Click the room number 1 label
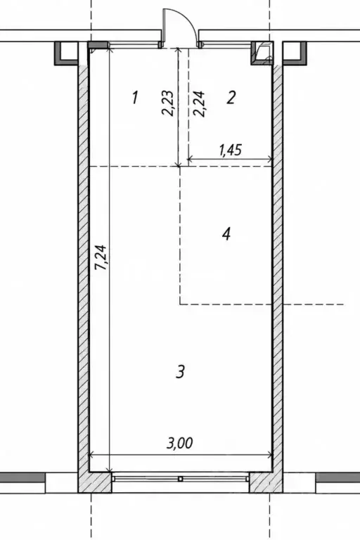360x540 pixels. tap(135, 98)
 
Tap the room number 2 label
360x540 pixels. tap(231, 98)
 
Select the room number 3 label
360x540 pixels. tap(181, 372)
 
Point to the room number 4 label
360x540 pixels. tap(226, 234)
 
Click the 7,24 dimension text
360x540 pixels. tap(102, 257)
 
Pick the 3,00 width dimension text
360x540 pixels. tap(179, 443)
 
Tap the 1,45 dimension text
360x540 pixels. tap(230, 150)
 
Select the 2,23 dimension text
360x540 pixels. tap(168, 103)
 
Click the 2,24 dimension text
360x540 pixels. tap(200, 104)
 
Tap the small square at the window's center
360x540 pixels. tap(180, 479)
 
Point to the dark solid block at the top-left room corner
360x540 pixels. tap(98, 45)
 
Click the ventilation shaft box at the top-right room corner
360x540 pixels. tap(262, 53)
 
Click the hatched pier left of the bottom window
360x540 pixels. tap(95, 482)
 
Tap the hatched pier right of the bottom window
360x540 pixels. tap(266, 482)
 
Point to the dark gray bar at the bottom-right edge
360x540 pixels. tap(338, 477)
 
